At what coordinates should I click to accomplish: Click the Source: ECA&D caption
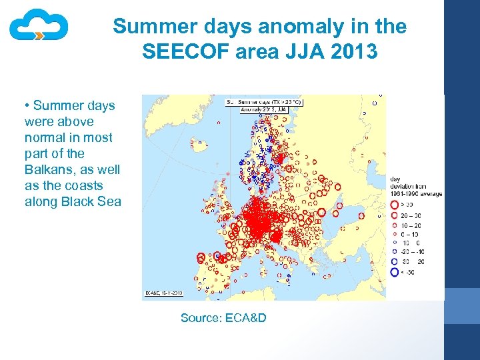[223, 318]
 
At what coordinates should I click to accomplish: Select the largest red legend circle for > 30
[395, 206]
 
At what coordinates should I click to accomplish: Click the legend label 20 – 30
[411, 215]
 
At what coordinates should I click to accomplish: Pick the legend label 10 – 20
[411, 225]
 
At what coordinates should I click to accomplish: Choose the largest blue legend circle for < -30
[395, 272]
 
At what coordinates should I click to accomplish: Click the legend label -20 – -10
[411, 253]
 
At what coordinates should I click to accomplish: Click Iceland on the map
[198, 142]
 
